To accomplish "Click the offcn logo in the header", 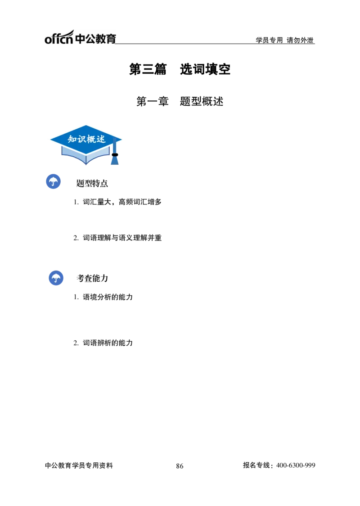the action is (x=59, y=37).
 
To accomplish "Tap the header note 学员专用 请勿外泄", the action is (x=284, y=40).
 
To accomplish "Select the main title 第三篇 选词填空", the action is (x=180, y=69).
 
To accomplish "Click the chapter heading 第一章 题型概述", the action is (x=180, y=101).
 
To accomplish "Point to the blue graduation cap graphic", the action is (x=86, y=145).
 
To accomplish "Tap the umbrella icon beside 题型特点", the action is (x=53, y=181).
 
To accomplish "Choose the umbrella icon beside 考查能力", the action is (x=56, y=278).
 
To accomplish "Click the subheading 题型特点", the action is (x=92, y=183).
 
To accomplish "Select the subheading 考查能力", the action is (x=92, y=278).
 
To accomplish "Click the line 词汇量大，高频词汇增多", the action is (x=122, y=202).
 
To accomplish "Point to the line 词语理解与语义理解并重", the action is (x=122, y=238).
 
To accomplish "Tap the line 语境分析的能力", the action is (x=108, y=297).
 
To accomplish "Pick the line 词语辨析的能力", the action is (x=108, y=343).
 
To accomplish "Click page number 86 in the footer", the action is (x=180, y=466).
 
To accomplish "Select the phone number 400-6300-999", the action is (x=296, y=465).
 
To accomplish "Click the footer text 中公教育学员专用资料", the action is (x=79, y=465).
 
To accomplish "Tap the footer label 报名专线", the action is (x=256, y=465).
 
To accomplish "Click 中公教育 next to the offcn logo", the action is (x=95, y=39).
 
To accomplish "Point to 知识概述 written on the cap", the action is (x=86, y=139).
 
